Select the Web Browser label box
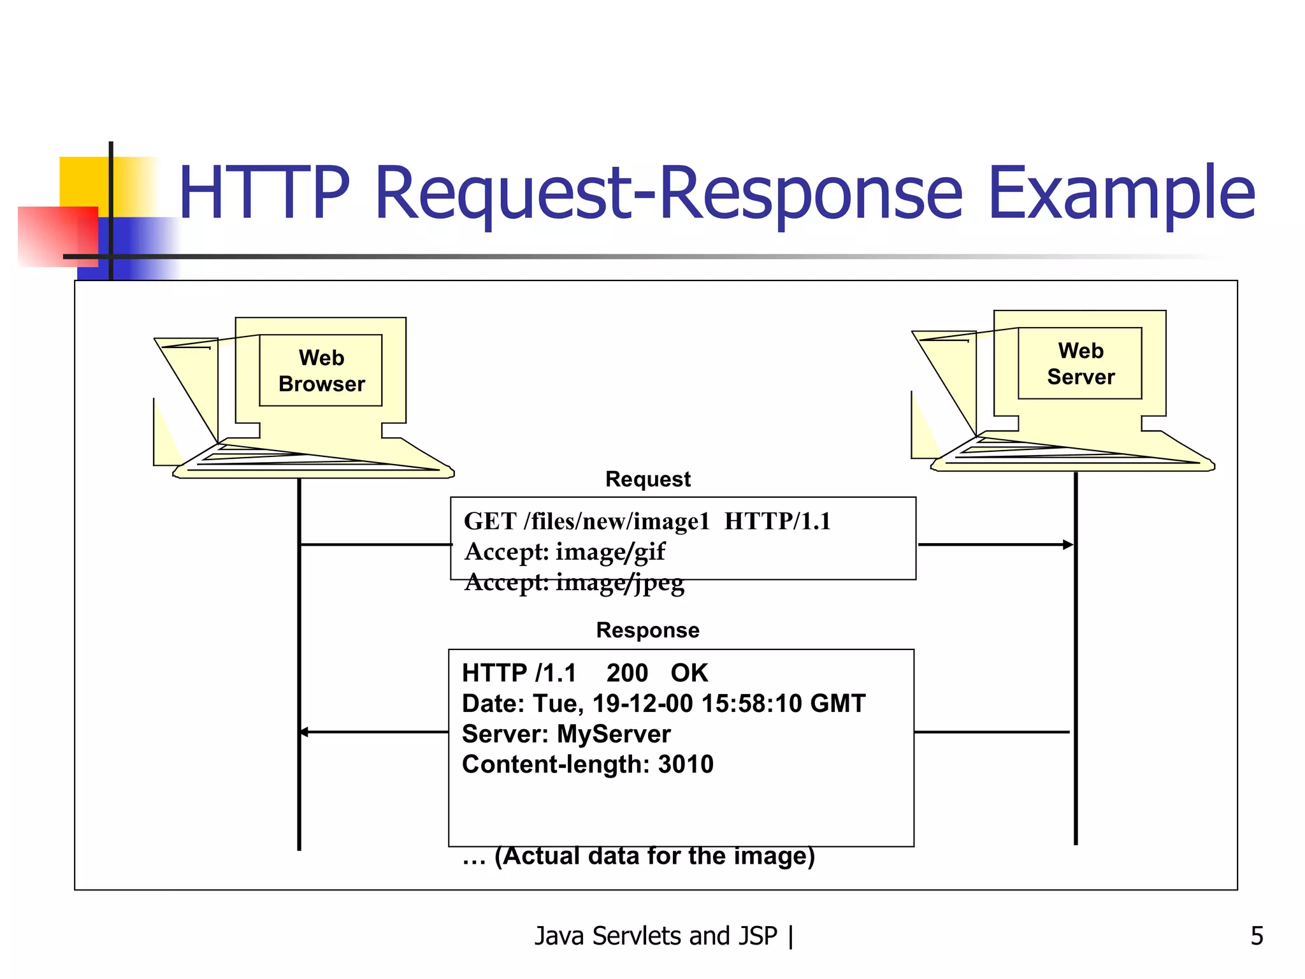click(321, 370)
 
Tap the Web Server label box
click(1080, 363)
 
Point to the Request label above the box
click(647, 479)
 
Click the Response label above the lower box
click(647, 630)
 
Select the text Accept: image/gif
click(565, 552)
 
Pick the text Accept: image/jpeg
click(574, 583)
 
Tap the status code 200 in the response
click(627, 673)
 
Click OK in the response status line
click(689, 673)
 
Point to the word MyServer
click(614, 734)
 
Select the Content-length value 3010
click(686, 764)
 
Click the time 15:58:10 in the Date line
click(751, 704)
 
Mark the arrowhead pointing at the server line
click(1068, 544)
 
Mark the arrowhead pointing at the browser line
click(305, 732)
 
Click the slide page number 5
click(1257, 936)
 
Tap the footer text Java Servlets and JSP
click(656, 936)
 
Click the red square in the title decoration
click(57, 236)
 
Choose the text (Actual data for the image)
click(654, 856)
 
